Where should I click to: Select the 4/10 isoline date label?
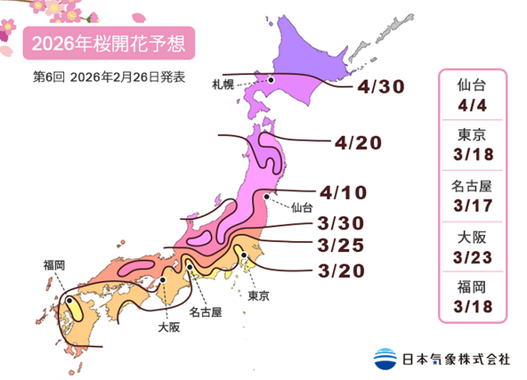342,193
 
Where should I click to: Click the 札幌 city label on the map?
223,85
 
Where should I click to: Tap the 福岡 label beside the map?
55,264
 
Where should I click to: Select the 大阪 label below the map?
167,327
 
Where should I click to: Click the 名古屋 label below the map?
206,313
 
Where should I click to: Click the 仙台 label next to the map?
302,207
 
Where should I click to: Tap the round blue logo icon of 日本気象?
384,359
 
